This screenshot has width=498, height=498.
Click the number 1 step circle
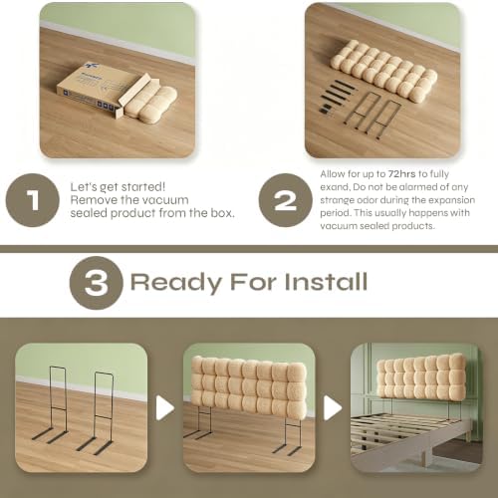click(33, 200)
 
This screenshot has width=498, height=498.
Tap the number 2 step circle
click(286, 200)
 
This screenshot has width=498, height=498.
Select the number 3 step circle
click(97, 283)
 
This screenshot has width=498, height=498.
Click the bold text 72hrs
click(401, 174)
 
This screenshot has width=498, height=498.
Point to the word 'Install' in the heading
click(326, 282)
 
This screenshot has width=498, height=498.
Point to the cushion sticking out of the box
click(151, 103)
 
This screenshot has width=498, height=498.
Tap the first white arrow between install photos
click(165, 407)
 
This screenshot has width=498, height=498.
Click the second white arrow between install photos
click(333, 407)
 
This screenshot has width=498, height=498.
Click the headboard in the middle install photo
click(249, 384)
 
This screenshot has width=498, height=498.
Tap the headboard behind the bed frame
click(421, 376)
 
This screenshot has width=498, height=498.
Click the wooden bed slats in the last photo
click(391, 430)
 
